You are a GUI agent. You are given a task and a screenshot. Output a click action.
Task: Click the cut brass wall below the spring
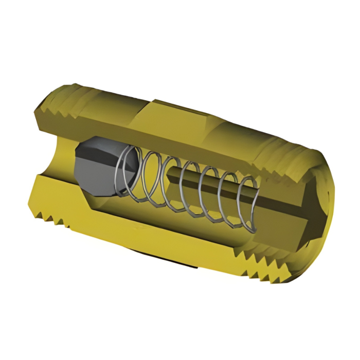(x=154, y=231)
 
